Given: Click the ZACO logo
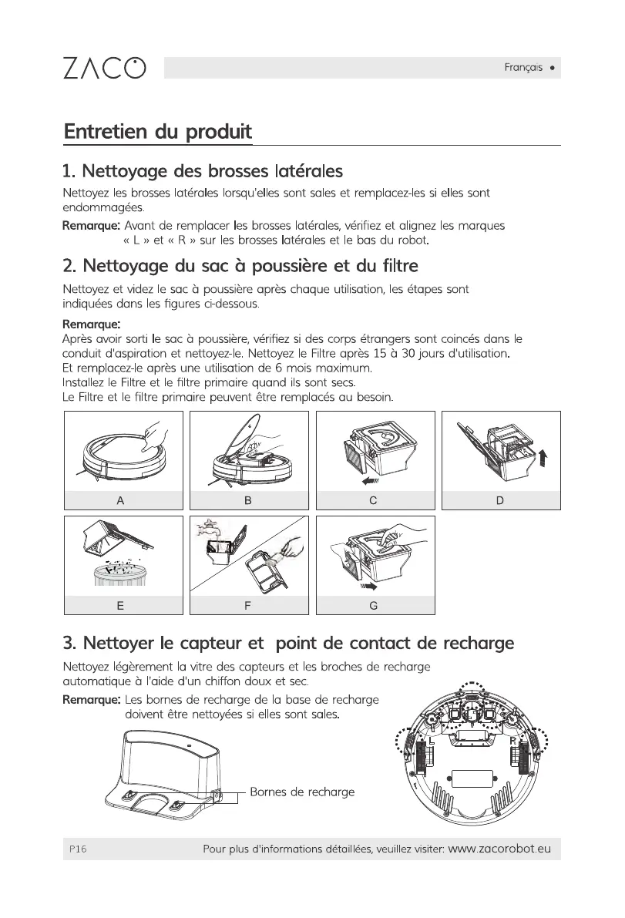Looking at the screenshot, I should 103,68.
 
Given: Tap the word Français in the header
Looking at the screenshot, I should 523,68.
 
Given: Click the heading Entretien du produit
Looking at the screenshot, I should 158,131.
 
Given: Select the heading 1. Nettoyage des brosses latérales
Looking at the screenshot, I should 202,170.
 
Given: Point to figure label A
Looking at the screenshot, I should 120,500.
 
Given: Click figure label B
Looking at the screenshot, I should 248,500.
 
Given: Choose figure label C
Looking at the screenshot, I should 373,500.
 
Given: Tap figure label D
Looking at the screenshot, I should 500,500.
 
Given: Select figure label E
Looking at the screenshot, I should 120,606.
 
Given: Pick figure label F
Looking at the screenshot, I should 248,606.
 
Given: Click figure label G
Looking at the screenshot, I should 373,606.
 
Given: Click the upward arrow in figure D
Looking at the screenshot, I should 544,458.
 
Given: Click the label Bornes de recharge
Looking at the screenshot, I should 303,792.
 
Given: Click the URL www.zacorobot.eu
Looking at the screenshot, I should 499,849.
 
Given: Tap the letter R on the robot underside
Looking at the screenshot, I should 512,741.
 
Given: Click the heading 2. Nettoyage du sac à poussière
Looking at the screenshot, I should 240,267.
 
